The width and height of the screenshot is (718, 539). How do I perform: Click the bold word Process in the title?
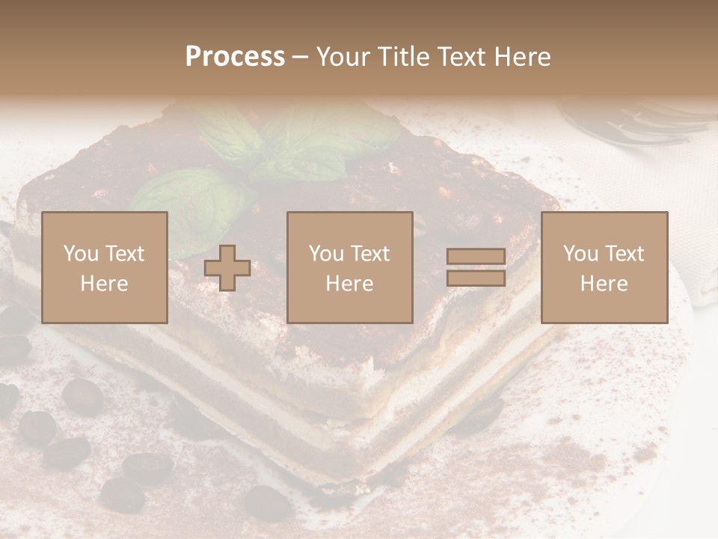[235, 57]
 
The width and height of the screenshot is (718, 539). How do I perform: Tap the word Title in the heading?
[403, 57]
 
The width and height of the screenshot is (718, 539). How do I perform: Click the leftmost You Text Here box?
[105, 268]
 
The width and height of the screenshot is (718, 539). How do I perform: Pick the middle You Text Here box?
[350, 268]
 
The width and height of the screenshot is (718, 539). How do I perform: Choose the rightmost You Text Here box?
[604, 268]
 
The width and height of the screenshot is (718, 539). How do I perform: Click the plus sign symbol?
[227, 268]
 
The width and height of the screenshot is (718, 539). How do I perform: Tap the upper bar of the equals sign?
[476, 257]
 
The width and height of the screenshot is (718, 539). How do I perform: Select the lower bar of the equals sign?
[476, 278]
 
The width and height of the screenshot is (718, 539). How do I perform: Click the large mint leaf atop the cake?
[329, 142]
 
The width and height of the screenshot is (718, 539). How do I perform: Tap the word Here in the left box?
[105, 284]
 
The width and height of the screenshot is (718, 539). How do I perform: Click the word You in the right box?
[578, 254]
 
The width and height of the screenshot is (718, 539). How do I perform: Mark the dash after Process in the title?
[300, 57]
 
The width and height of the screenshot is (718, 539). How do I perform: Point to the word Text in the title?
[458, 57]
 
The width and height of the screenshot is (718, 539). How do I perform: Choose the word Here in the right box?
[604, 284]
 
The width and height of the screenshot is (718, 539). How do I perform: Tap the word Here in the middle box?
[350, 284]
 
